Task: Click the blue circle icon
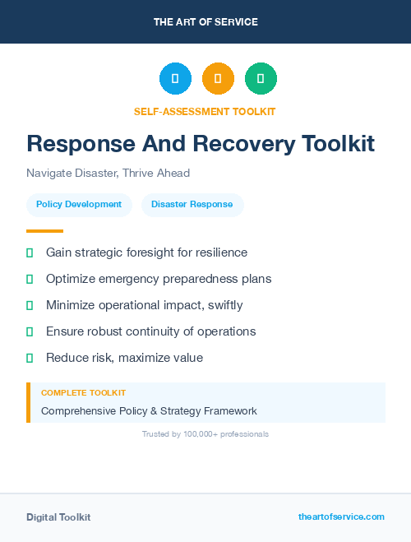[x=175, y=79]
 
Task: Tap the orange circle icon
[x=218, y=79]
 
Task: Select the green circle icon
[x=261, y=79]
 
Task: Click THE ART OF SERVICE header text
[x=205, y=22]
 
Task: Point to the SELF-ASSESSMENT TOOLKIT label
[x=205, y=111]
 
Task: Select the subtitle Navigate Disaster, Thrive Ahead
[x=108, y=173]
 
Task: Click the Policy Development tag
[x=79, y=204]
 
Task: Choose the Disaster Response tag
[x=192, y=204]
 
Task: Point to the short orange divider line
[x=44, y=231]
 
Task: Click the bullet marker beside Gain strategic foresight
[x=30, y=252]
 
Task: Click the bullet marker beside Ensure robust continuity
[x=30, y=331]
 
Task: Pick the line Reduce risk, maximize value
[x=124, y=358]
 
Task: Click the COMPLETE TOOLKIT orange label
[x=83, y=393]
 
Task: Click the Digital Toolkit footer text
[x=58, y=517]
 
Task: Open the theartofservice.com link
[x=341, y=517]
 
